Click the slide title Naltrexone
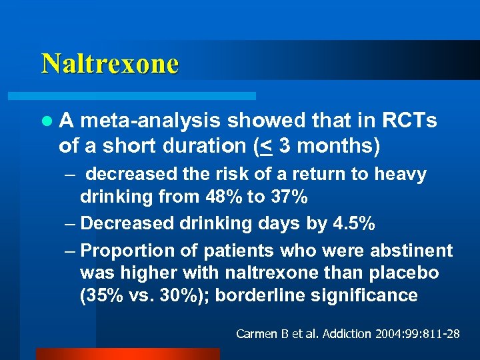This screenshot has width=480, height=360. [x=110, y=63]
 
